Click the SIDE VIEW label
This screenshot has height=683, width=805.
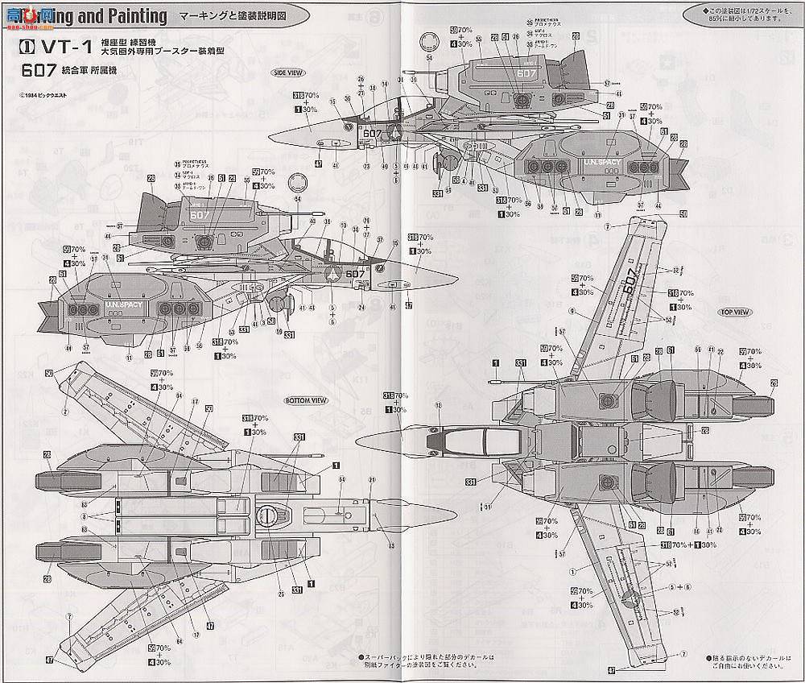point(287,72)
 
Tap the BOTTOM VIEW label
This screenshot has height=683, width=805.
point(305,400)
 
